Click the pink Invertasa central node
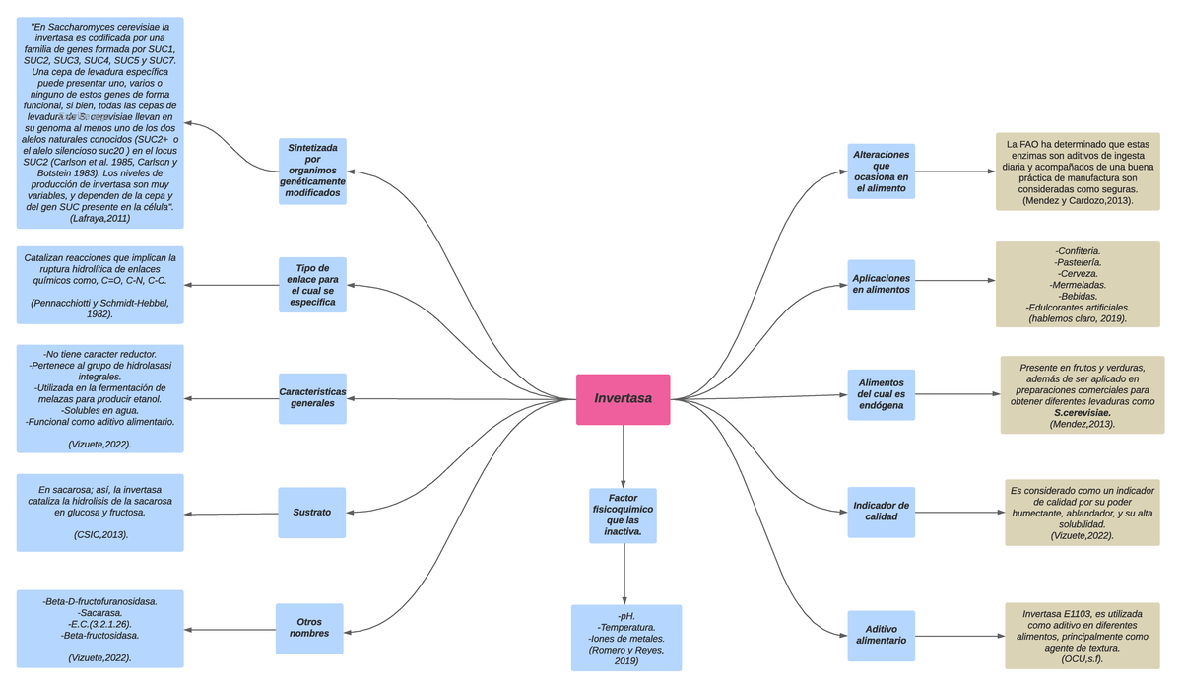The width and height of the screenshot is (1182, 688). point(623,399)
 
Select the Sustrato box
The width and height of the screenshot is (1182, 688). point(311,513)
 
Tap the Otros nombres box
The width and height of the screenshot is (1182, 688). point(309,628)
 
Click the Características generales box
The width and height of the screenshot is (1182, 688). point(312,398)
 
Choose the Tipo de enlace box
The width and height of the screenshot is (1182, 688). point(312,285)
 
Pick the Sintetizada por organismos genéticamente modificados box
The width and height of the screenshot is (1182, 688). point(312,171)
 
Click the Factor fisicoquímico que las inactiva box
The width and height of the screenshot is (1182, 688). point(623,516)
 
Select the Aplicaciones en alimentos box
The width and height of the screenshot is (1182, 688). point(881,285)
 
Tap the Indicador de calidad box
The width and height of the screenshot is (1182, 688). point(881,512)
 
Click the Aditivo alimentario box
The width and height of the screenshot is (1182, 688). point(881,635)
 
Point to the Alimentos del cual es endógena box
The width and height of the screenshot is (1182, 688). point(881,394)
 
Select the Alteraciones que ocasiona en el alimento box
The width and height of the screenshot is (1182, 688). point(881,172)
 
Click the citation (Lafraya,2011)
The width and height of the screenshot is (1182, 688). point(99,219)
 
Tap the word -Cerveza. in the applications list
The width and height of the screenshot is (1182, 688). point(1078,273)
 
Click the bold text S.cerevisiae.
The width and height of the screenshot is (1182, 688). point(1083,413)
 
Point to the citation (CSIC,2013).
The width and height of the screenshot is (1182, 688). point(99,534)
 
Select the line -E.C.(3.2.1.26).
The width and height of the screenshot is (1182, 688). point(99,624)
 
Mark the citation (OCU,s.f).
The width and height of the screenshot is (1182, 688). point(1082,659)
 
